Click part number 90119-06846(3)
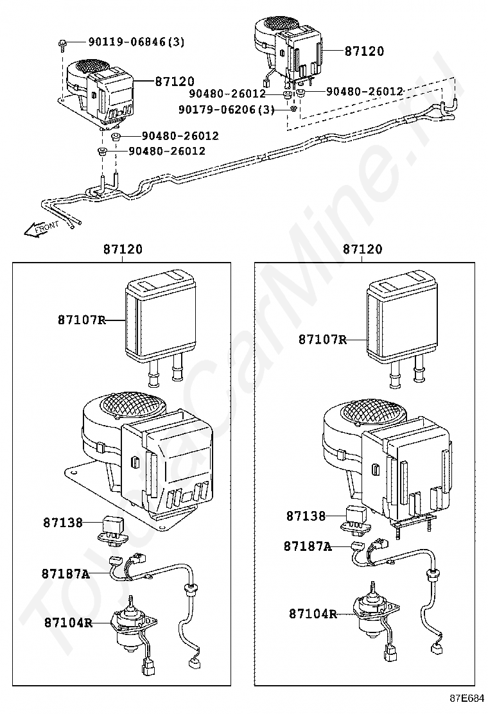136,42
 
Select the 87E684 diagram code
467,698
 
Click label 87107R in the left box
82,320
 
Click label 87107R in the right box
322,340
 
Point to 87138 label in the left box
64,522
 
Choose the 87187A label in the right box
308,546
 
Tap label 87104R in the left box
68,622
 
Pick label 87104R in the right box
313,614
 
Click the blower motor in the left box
135,624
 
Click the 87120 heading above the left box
123,250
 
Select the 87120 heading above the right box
363,250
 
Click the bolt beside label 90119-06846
61,45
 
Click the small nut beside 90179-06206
293,109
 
